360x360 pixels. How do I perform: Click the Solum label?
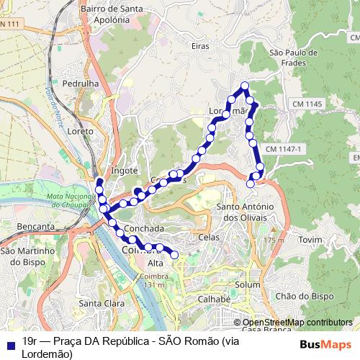click(x=246, y=285)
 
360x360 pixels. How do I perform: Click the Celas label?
click(x=208, y=237)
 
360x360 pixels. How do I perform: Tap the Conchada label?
click(x=145, y=228)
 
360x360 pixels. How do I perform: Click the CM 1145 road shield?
click(x=307, y=105)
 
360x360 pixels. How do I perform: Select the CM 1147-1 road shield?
click(x=286, y=148)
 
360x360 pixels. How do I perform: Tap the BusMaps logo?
click(x=328, y=345)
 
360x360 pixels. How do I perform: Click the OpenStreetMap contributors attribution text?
click(x=297, y=323)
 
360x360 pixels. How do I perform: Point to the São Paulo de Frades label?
click(x=293, y=58)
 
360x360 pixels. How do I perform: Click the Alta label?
click(x=156, y=263)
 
